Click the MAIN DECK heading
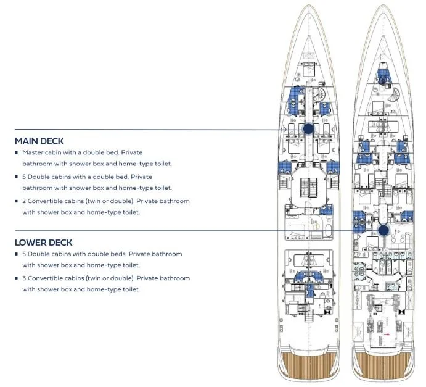(x=39, y=141)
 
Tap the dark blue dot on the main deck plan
(x=308, y=128)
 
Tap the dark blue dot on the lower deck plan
(x=383, y=230)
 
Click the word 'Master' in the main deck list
(x=32, y=152)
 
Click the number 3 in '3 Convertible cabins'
(x=24, y=278)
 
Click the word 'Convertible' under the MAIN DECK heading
(x=48, y=201)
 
